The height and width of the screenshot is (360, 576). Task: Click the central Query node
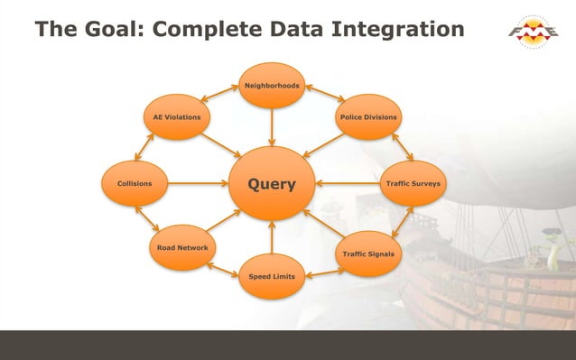click(272, 184)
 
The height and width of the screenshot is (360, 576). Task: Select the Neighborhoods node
click(272, 86)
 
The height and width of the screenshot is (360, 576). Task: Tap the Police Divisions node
click(368, 117)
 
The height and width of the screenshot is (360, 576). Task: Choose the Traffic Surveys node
click(413, 184)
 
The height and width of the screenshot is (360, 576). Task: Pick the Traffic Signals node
click(368, 254)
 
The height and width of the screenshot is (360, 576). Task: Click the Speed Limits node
click(272, 276)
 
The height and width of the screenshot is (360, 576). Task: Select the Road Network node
click(182, 247)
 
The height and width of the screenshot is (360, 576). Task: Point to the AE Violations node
click(177, 117)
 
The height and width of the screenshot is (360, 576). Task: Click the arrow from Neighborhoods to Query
click(272, 127)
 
